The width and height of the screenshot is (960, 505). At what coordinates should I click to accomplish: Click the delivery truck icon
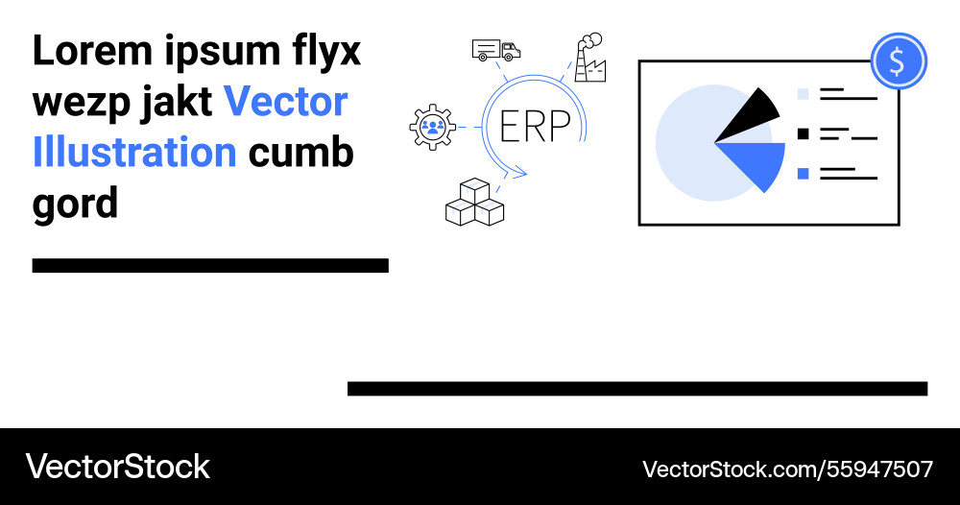496,50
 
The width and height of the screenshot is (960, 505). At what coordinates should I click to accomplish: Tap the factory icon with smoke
590,59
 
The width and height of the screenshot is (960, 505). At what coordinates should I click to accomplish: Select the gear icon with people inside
432,126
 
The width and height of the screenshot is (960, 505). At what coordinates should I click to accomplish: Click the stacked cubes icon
474,203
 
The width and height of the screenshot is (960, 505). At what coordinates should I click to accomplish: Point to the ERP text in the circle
535,126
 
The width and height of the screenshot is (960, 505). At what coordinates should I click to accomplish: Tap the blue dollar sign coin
898,61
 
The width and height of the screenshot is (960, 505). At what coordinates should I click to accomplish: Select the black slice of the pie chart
751,116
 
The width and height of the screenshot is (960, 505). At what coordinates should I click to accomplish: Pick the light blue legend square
804,94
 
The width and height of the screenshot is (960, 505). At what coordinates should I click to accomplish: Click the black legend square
804,133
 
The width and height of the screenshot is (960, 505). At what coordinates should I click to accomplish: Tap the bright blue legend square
804,173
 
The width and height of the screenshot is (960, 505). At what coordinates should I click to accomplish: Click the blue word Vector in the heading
285,102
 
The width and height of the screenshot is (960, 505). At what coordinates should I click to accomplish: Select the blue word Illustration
134,152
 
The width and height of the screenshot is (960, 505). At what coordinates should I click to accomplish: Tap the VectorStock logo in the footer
117,467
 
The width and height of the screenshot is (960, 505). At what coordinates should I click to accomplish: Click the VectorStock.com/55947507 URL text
786,469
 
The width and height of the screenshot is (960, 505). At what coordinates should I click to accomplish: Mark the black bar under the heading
210,266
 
